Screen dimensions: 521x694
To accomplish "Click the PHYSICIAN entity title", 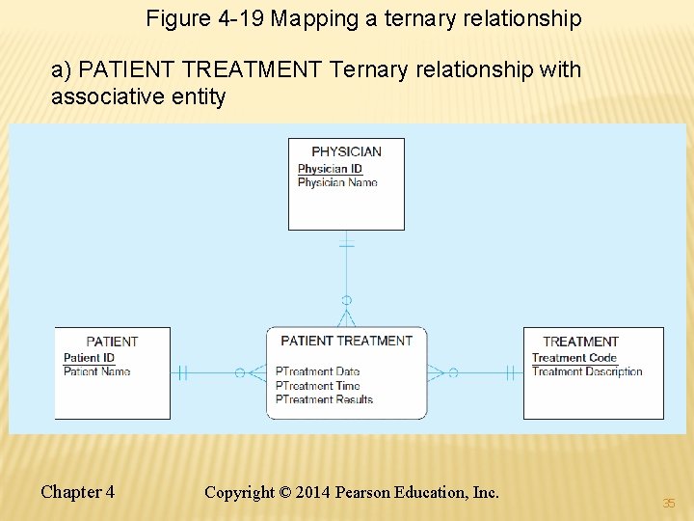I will pos(346,151).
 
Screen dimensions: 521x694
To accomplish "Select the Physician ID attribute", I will pos(330,169).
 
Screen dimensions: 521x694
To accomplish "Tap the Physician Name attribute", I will pos(337,182).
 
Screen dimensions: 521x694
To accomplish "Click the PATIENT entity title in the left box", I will pos(112,342).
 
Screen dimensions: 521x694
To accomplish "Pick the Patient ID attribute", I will pos(89,358).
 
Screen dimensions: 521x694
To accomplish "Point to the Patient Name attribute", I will pos(96,371).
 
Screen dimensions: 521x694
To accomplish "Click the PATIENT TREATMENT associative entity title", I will pos(346,341).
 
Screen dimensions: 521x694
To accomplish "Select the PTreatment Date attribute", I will pos(317,371).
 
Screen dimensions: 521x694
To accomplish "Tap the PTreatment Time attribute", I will pos(317,386).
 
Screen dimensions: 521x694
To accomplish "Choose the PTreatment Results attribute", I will pos(324,399).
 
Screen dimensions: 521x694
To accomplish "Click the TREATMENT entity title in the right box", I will pos(580,342).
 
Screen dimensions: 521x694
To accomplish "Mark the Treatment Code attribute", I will pos(574,358).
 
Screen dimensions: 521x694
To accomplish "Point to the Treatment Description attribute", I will pos(587,371).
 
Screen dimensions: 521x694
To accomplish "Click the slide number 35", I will pos(669,503).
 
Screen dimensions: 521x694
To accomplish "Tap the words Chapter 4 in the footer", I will pos(77,492).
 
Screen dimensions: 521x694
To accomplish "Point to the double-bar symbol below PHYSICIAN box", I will pos(346,245).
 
